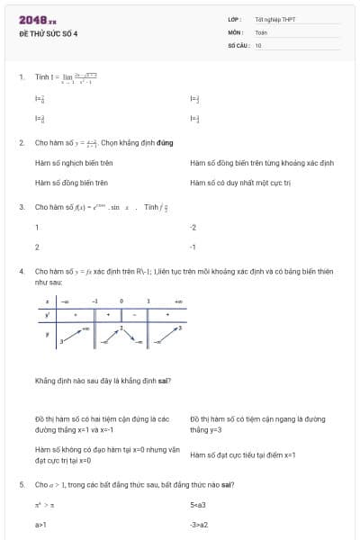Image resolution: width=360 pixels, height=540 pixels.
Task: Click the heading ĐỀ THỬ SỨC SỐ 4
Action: tap(49, 33)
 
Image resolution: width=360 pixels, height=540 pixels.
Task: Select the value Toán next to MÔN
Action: tap(261, 32)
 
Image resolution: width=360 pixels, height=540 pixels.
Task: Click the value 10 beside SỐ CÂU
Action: tap(258, 44)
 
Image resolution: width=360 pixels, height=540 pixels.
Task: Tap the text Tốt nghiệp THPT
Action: tap(274, 20)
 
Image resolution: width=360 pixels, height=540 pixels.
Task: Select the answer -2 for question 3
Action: tap(193, 227)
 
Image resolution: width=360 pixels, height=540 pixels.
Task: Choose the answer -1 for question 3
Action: tap(193, 246)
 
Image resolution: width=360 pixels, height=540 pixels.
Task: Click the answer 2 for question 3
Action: tap(37, 246)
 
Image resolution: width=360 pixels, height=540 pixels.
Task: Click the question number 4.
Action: tap(21, 270)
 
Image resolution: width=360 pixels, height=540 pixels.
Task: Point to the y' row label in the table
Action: tap(48, 315)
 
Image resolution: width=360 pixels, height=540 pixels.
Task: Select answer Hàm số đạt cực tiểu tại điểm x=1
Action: tap(243, 455)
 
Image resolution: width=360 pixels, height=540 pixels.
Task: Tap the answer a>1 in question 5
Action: tap(40, 524)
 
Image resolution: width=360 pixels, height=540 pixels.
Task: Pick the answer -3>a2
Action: tap(199, 524)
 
